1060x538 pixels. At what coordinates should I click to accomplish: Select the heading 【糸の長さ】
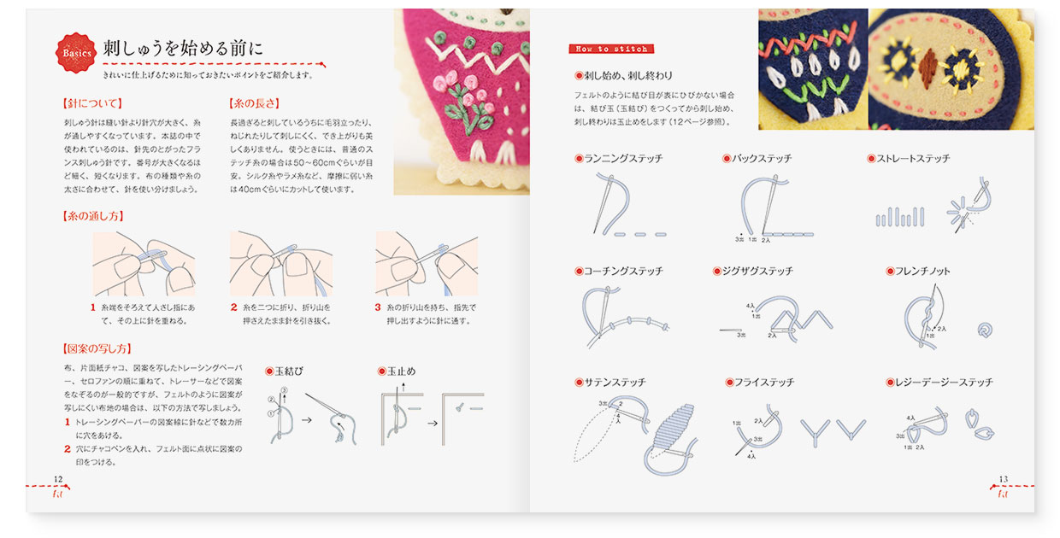[x=255, y=104]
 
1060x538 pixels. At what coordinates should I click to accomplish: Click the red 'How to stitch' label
[x=610, y=49]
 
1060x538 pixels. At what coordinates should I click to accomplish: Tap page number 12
[x=58, y=479]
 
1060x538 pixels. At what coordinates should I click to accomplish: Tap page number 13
[x=1004, y=479]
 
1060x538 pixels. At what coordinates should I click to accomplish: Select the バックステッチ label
[x=761, y=159]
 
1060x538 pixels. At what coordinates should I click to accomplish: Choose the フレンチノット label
[x=922, y=271]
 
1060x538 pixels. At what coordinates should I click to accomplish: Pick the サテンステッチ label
[x=615, y=383]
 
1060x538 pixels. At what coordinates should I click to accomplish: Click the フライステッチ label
[x=763, y=383]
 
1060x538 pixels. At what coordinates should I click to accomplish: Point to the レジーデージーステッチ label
[x=944, y=383]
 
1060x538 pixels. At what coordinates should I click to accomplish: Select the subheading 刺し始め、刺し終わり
[x=628, y=75]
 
